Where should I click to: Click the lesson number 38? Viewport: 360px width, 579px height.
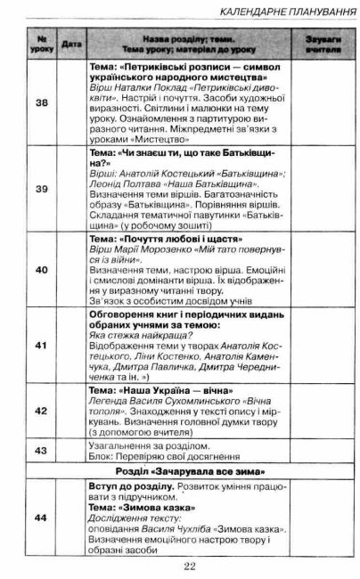click(x=41, y=102)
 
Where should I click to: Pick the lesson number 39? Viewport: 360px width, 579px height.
click(x=41, y=190)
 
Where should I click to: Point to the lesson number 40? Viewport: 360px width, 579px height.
click(x=41, y=269)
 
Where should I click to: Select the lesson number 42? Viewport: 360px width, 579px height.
click(x=41, y=411)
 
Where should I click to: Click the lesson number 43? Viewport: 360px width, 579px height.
click(x=41, y=451)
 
